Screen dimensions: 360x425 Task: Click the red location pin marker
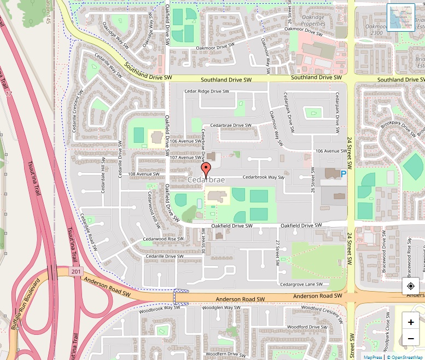tap(206, 170)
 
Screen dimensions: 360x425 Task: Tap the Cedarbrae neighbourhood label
tap(206, 180)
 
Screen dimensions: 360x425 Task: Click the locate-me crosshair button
tap(411, 286)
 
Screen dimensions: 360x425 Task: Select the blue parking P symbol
tap(344, 174)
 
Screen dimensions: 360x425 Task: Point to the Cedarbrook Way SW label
tap(263, 177)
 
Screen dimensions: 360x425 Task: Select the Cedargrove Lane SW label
tap(301, 284)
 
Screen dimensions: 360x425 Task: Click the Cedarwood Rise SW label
tap(163, 239)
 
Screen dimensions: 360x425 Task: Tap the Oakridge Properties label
tap(313, 21)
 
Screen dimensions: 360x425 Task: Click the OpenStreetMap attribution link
tap(405, 357)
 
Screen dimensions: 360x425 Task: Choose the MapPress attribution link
tap(372, 357)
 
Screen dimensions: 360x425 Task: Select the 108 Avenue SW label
tap(143, 175)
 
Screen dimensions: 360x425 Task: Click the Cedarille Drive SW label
tap(165, 256)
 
